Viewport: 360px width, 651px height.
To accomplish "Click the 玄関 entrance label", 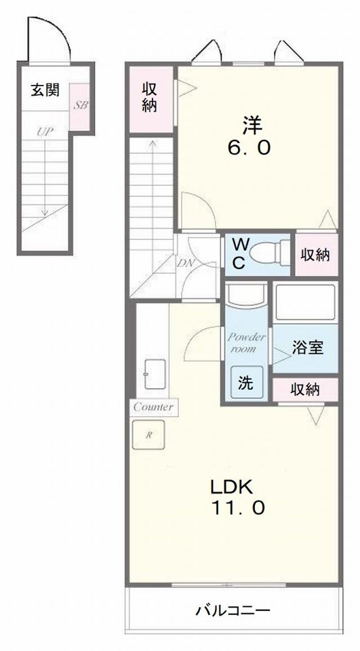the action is (x=45, y=90).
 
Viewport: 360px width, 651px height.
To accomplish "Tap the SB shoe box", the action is (x=80, y=106).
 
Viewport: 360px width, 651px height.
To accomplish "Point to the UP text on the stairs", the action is (x=45, y=132).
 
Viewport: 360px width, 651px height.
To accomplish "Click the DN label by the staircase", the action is (x=185, y=262).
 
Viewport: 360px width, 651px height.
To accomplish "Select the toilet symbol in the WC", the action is (x=269, y=252).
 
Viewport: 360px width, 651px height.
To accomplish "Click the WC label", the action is (x=239, y=254).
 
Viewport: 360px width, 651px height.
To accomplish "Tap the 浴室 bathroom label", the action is (x=307, y=347).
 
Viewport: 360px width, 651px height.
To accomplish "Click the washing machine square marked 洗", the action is (x=247, y=382).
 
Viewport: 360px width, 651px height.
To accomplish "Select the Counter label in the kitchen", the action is (x=154, y=407).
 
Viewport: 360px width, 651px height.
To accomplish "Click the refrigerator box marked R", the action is (x=148, y=435).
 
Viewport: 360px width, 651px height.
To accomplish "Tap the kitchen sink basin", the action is (x=155, y=374).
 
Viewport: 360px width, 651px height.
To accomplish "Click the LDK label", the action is (x=231, y=487).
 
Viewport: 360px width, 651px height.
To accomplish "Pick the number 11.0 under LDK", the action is (x=237, y=507).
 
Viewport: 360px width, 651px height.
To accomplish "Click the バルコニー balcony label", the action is (x=233, y=610).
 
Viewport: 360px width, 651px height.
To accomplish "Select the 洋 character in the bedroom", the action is (x=253, y=126).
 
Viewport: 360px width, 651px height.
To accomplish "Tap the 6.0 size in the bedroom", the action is (x=249, y=147).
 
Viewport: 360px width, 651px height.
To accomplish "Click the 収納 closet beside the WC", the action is (x=315, y=255).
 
